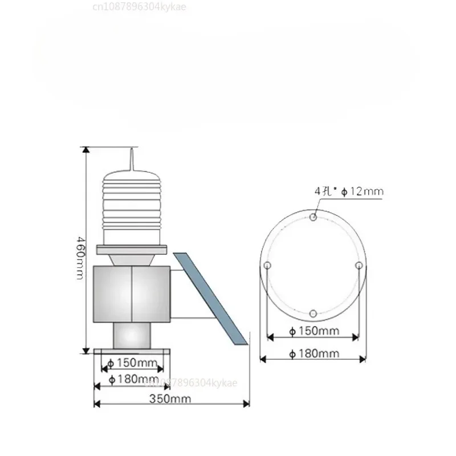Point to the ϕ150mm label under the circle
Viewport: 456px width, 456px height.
[x=313, y=331]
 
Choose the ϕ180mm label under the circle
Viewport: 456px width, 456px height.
[x=313, y=354]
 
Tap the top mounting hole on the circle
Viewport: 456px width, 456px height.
[x=313, y=217]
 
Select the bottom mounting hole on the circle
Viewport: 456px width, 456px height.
[x=313, y=313]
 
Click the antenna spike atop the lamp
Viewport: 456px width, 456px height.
[x=132, y=158]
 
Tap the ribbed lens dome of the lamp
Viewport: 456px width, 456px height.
[x=132, y=205]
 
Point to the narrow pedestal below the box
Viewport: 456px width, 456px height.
[x=132, y=335]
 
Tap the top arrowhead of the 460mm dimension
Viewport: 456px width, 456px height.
[x=85, y=150]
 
